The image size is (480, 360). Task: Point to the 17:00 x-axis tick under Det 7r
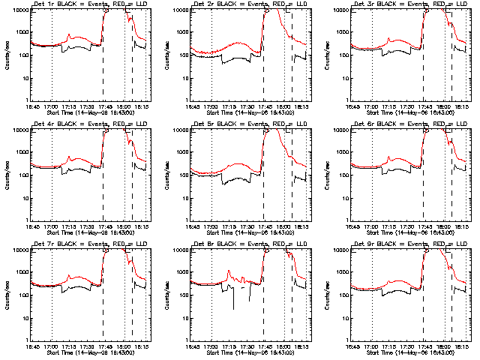pos(52,346)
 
